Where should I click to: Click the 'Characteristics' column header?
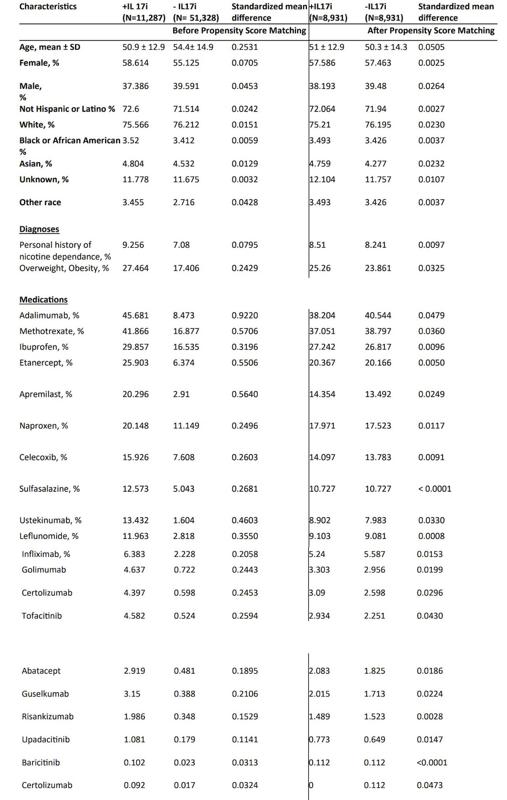click(48, 6)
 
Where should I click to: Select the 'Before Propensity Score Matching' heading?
click(239, 31)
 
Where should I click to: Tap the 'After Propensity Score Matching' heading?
click(431, 31)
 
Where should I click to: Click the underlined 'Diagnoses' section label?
click(39, 229)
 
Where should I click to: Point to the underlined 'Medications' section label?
click(43, 300)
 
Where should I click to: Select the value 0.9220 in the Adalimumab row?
click(245, 315)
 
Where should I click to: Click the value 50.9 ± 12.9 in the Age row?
click(144, 47)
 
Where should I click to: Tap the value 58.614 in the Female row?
click(135, 63)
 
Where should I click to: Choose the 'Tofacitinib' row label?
click(41, 616)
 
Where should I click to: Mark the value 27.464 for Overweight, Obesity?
click(135, 268)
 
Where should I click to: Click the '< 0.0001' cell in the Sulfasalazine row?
click(435, 489)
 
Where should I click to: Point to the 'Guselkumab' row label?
click(45, 694)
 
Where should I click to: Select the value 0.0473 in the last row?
click(429, 785)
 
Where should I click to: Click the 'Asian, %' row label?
click(36, 164)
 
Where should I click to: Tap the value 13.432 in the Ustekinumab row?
click(135, 520)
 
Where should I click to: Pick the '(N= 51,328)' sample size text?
click(196, 18)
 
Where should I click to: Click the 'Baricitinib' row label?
click(41, 762)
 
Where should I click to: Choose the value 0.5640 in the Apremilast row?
click(245, 394)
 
